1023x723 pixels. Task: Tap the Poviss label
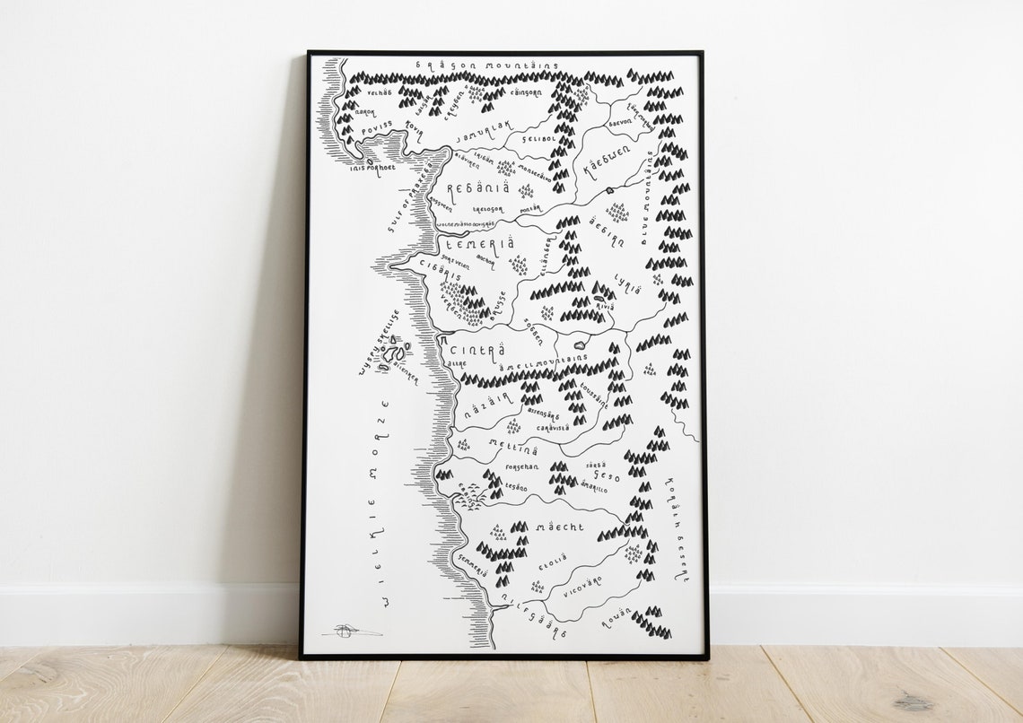point(378,131)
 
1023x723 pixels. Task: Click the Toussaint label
point(594,394)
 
